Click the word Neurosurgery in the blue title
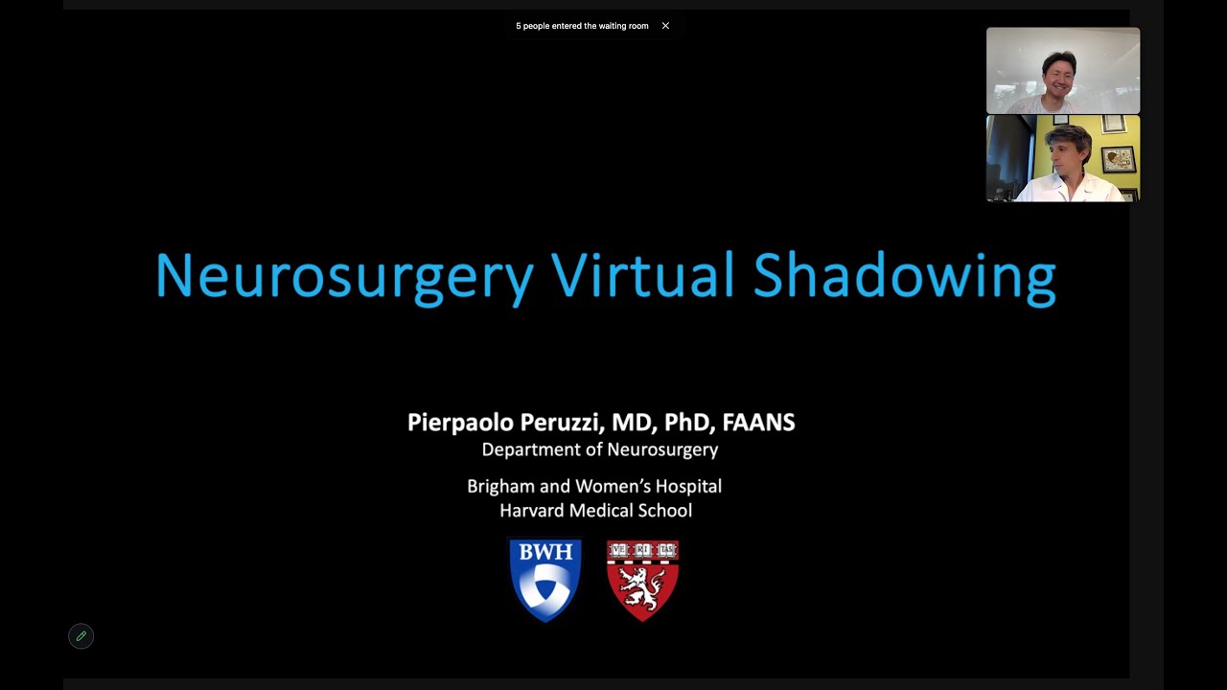tap(343, 276)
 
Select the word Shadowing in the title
tap(904, 276)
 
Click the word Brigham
tap(501, 486)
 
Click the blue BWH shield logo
tap(545, 579)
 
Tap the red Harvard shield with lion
tap(642, 579)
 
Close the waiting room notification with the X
tap(665, 26)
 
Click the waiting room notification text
tap(582, 26)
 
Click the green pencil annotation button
tap(81, 636)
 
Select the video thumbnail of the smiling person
tap(1062, 71)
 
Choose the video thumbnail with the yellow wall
tap(1062, 159)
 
